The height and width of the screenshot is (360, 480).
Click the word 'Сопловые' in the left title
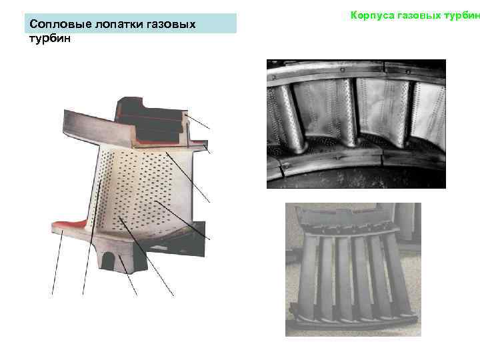click(55, 25)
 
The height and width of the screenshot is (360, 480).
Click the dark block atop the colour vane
click(150, 120)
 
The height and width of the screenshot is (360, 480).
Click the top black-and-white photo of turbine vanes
click(355, 123)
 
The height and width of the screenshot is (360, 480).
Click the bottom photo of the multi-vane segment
click(353, 269)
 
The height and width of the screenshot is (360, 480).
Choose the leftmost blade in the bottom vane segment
click(308, 277)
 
